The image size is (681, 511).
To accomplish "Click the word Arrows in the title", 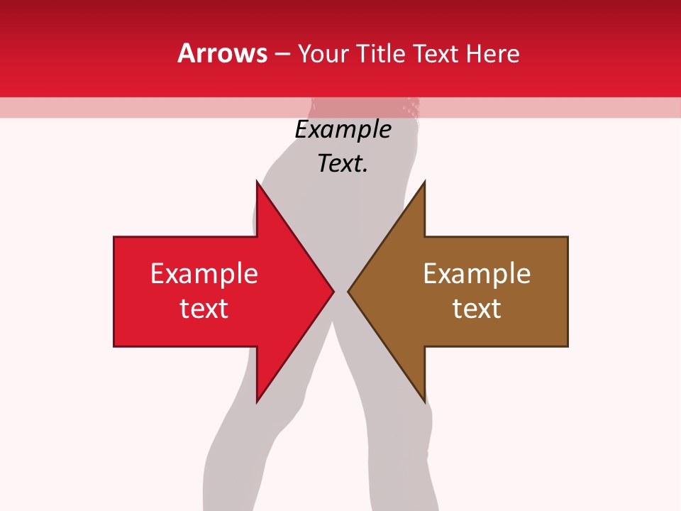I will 222,53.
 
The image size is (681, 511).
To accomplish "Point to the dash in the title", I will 281,54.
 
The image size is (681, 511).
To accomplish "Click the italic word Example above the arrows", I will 343,130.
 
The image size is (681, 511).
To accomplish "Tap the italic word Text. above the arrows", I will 343,164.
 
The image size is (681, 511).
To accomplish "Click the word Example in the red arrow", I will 204,273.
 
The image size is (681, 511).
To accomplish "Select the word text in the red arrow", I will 204,308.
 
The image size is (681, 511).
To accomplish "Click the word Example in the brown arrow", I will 477,273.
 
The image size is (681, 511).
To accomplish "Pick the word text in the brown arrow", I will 477,308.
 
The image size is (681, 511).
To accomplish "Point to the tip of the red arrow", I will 333,291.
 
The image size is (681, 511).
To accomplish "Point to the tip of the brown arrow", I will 348,291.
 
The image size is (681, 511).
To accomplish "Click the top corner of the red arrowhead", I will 257,181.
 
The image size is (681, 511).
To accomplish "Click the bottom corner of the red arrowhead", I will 257,402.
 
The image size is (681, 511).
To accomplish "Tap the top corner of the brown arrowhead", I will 424,181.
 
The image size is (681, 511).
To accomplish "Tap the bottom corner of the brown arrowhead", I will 424,402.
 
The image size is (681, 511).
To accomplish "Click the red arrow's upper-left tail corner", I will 114,237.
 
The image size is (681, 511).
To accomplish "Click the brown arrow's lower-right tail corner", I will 567,346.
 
